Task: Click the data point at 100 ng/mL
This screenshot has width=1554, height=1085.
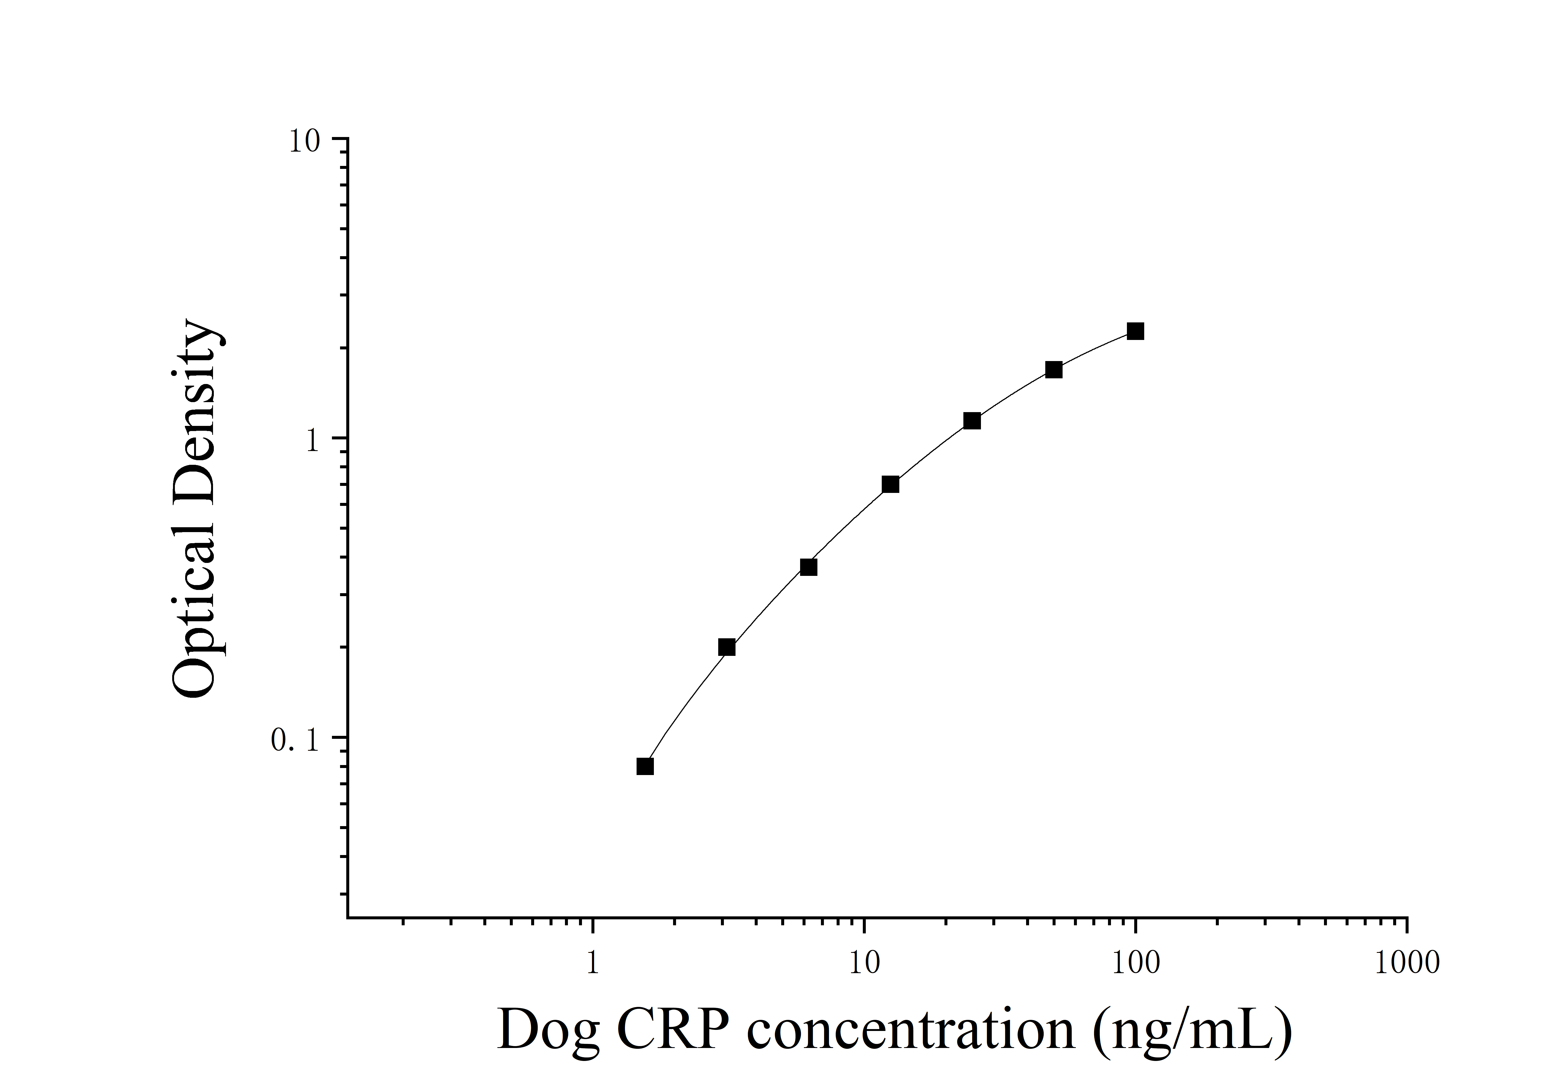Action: point(1135,331)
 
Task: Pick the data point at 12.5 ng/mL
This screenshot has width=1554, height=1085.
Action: point(890,484)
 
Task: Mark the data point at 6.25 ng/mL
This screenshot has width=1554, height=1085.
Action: point(808,566)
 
